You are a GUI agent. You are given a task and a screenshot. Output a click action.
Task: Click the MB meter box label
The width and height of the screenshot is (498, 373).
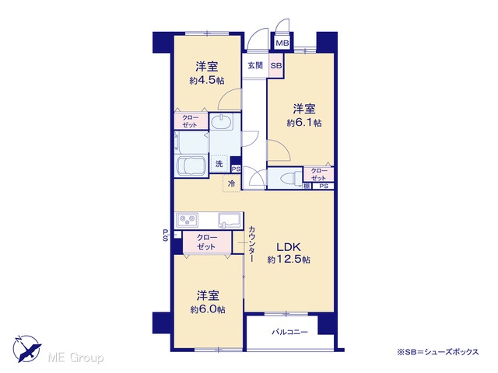(282, 43)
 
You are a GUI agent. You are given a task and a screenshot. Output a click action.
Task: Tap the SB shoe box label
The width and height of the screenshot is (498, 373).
(276, 65)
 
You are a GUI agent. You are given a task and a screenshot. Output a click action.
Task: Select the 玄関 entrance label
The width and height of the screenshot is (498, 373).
(255, 65)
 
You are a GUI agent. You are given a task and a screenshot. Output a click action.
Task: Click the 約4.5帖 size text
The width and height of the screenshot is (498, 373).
(207, 81)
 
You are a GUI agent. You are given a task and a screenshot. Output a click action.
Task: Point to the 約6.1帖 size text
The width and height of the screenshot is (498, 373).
(304, 123)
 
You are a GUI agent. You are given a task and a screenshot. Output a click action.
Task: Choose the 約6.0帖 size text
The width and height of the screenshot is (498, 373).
(208, 309)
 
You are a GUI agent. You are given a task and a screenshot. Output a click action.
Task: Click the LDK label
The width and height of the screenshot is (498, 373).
(289, 247)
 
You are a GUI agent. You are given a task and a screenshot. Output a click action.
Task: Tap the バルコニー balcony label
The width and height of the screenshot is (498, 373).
(289, 332)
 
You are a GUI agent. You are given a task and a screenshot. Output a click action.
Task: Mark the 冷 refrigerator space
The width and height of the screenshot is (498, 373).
(232, 183)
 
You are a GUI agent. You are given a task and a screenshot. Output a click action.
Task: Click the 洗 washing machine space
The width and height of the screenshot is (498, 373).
(219, 164)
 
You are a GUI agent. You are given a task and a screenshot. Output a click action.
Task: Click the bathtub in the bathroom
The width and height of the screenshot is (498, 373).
(191, 166)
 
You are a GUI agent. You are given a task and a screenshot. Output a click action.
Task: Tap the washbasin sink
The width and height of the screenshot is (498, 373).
(221, 122)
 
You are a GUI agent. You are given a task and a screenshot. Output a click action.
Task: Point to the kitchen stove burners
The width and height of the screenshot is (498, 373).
(188, 219)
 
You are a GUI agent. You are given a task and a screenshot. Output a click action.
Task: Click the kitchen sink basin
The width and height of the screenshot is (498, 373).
(229, 220)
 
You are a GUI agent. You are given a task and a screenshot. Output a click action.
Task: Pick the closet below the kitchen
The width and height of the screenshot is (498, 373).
(207, 242)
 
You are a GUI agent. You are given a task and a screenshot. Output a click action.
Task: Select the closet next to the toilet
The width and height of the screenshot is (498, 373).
(318, 174)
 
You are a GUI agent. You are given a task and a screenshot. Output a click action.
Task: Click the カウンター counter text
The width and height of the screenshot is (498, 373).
(252, 243)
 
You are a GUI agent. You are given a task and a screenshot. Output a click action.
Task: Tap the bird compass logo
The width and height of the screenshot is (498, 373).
(27, 349)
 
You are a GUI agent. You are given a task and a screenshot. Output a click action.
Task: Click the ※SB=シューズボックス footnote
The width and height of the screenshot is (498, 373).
(437, 352)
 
